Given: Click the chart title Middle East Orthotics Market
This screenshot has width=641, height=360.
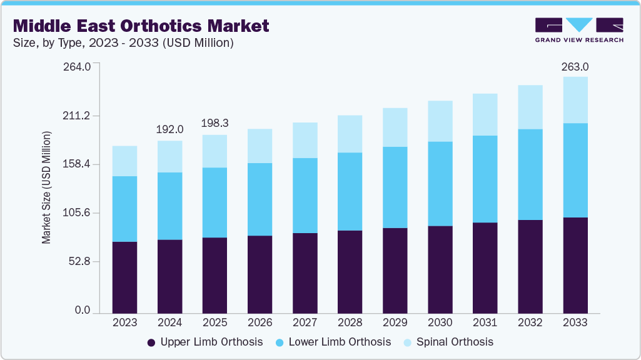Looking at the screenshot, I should coord(141,26).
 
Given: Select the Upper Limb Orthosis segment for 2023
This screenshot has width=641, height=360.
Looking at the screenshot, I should coord(124,276).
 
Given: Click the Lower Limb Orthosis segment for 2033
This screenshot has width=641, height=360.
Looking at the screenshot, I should coord(575,170).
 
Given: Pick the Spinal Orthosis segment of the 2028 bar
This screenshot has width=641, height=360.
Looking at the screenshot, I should coord(350,134).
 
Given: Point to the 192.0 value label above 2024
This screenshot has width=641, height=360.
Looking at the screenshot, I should coord(170,129).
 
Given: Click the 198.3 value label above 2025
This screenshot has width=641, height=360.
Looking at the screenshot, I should coord(215,124).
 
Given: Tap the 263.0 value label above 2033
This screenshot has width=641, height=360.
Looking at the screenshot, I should coord(575,67).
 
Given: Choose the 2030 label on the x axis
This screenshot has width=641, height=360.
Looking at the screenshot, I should coord(440,323).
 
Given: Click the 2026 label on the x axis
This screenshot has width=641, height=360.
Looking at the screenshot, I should coord(260,323).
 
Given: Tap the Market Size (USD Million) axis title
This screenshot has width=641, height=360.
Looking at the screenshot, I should coord(46,187).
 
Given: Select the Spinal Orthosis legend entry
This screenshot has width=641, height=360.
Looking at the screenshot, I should coord(455,342).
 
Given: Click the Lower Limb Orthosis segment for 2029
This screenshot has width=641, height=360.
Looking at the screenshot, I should coord(395,187).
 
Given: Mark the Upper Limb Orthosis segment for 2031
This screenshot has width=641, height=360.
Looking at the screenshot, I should coord(485,267).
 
